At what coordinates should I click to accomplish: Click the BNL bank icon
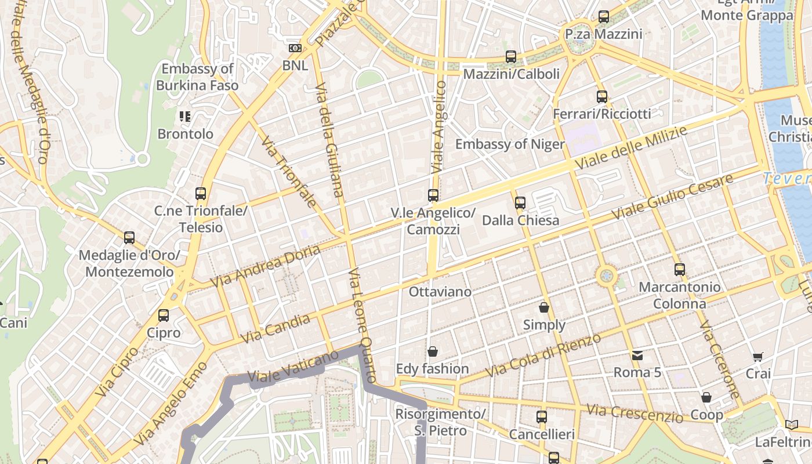click(x=295, y=48)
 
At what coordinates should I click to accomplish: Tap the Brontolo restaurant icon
click(x=185, y=117)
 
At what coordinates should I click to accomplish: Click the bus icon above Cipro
click(x=164, y=316)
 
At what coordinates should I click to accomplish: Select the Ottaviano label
click(x=440, y=291)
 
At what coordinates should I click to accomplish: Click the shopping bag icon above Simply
click(x=544, y=307)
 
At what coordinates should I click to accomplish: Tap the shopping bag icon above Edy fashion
click(x=433, y=351)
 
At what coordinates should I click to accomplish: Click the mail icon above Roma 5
click(x=637, y=355)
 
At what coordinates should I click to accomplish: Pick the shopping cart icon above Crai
click(x=757, y=356)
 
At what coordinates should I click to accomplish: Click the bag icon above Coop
click(x=706, y=397)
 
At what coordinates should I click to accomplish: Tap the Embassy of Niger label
click(x=510, y=144)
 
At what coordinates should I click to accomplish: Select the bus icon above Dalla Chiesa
click(x=520, y=202)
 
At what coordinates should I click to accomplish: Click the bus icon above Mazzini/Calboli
click(x=511, y=56)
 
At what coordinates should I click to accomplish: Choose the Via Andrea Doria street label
click(x=266, y=266)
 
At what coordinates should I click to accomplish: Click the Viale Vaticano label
click(x=293, y=366)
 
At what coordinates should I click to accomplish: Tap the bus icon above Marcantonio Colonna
click(x=680, y=269)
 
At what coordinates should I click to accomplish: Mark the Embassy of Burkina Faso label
click(x=197, y=77)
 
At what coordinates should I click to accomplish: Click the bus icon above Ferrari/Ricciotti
click(x=602, y=96)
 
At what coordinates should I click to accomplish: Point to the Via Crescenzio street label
click(x=635, y=413)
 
